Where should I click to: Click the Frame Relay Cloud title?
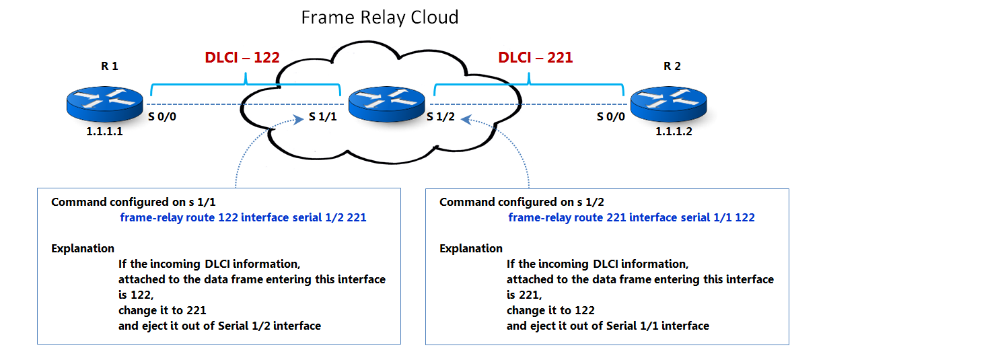coord(380,17)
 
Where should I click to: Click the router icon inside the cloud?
coord(386,103)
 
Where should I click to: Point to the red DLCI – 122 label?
coord(242,58)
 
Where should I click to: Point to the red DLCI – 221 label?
coord(536,58)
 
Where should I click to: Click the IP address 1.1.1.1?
coord(104,132)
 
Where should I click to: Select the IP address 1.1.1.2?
coord(674,132)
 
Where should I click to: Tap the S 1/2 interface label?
coord(441,117)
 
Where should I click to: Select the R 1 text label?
coord(109,66)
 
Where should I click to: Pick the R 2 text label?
coord(672,66)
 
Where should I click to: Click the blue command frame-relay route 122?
coord(243,217)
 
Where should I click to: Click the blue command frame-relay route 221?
coord(631,217)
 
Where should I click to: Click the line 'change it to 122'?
coord(550,310)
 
